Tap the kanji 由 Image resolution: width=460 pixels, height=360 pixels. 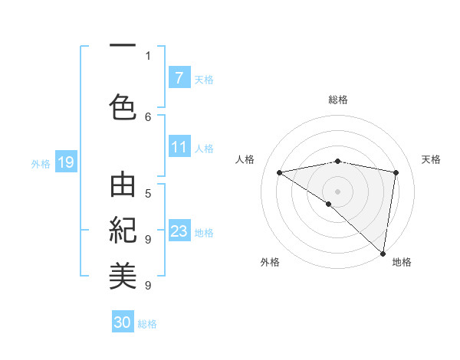[123, 187]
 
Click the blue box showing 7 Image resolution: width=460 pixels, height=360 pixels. [179, 78]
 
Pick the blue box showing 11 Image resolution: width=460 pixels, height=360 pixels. [179, 147]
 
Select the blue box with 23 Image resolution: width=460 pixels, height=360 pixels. [179, 231]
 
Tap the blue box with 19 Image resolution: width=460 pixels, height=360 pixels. [65, 162]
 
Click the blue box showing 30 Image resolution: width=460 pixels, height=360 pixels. [123, 322]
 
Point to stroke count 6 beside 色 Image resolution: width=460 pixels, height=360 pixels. [148, 116]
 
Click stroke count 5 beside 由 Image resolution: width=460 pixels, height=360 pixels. [148, 194]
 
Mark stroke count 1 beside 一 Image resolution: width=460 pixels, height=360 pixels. [148, 55]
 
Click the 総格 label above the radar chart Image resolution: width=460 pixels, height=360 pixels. [338, 100]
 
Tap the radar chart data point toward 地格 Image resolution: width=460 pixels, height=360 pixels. [383, 253]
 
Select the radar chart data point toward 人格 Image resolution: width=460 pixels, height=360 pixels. [279, 172]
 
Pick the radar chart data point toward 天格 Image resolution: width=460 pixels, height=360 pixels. [396, 172]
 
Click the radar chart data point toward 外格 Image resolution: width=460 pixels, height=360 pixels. [329, 204]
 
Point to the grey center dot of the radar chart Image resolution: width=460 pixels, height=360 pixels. [337, 191]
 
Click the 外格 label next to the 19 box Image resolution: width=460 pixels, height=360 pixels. [40, 163]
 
